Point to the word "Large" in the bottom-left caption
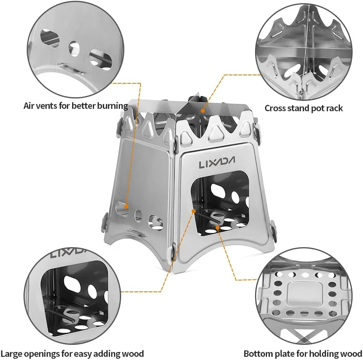click(x=12, y=354)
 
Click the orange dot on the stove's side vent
click(x=126, y=206)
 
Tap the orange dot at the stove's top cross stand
click(x=202, y=111)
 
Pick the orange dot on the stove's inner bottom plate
click(x=218, y=228)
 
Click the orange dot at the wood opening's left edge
click(x=194, y=211)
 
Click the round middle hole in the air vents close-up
click(x=75, y=49)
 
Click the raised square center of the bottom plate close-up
click(x=305, y=293)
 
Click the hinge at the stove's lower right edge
click(x=273, y=230)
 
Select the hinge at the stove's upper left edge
click(x=118, y=127)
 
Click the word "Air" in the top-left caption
click(x=29, y=106)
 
